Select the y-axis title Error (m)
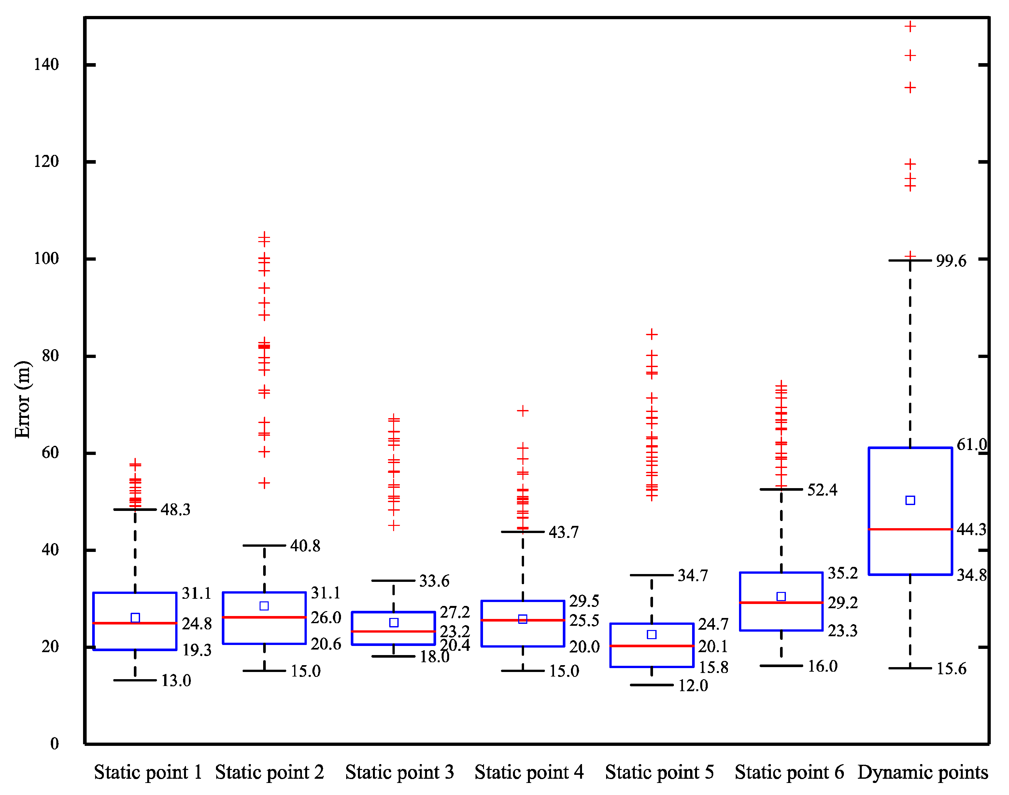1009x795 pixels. pos(22,399)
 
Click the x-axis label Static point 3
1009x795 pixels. pos(399,772)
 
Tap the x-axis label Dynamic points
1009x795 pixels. pos(922,772)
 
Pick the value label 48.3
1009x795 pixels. pos(175,510)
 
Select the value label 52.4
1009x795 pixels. pos(822,490)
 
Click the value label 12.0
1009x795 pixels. pos(693,686)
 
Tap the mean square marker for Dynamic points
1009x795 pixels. pos(910,500)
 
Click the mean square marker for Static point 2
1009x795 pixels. pos(264,606)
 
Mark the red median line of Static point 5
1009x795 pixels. pos(652,646)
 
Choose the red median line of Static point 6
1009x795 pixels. pos(781,603)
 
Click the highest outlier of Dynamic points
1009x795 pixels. pos(910,27)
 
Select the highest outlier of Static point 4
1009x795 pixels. pos(523,411)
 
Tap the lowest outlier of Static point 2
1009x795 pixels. pos(264,483)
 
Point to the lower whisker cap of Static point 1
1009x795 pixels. pos(135,680)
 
